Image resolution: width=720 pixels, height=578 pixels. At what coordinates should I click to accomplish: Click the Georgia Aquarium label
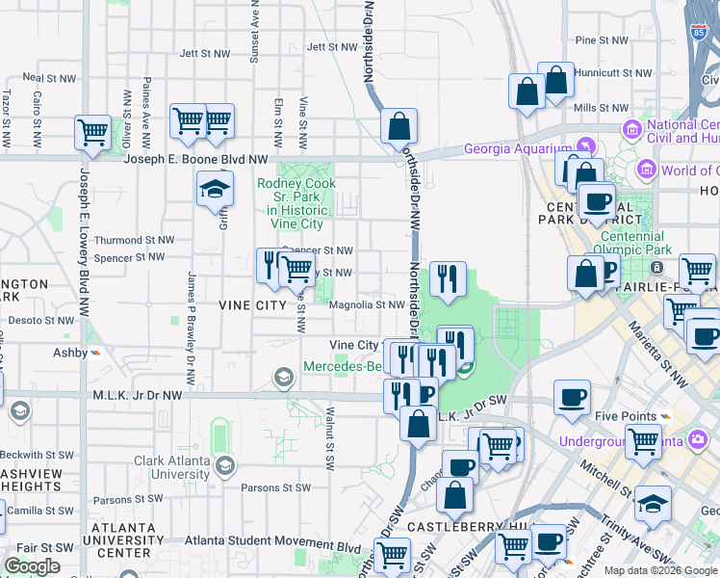pos(517,148)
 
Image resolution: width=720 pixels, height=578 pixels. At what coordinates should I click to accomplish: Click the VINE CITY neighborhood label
pos(252,304)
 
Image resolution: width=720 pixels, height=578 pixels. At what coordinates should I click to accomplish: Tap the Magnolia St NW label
pos(366,304)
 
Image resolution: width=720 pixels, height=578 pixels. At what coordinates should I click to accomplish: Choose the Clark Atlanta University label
pos(171,467)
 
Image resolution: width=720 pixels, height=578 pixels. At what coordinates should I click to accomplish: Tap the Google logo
pos(32,566)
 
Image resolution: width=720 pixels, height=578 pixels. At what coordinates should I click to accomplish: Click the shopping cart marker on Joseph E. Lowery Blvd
pos(93,133)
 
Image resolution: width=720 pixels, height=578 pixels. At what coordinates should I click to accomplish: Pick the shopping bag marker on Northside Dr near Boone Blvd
pos(399,127)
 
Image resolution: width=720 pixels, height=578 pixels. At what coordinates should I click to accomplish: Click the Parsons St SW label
pos(276,487)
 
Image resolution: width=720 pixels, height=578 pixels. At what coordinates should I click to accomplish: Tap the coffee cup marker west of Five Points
pos(572,398)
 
